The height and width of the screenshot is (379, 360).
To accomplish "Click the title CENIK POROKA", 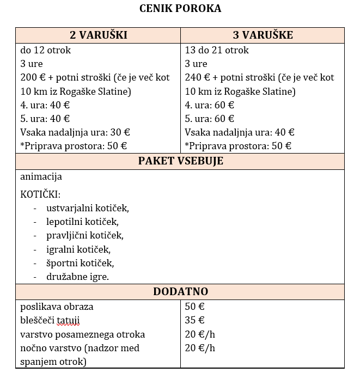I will click(x=180, y=8).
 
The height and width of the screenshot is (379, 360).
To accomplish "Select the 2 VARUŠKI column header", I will click(x=99, y=35).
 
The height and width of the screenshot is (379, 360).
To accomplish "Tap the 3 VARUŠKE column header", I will click(x=263, y=35).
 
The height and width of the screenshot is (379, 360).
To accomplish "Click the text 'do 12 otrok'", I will click(x=46, y=51).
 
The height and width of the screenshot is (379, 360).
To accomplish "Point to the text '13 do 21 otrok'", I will click(x=217, y=51).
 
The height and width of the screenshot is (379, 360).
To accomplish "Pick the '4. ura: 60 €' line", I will click(x=210, y=105).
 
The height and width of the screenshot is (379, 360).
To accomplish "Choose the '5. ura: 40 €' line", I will click(x=45, y=119).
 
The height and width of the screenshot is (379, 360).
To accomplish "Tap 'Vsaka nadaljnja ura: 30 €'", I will click(x=75, y=132).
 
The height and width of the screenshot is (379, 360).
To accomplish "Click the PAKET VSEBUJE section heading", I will click(x=180, y=161).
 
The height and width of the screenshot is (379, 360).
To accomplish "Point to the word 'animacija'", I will click(x=41, y=177).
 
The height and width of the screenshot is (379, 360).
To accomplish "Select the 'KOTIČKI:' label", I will click(x=40, y=194).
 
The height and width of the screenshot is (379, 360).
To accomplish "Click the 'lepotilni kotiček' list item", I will click(x=82, y=222).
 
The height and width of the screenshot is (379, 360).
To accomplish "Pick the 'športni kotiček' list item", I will click(x=80, y=263).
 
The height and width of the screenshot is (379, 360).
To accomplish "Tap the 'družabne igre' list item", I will click(x=77, y=277).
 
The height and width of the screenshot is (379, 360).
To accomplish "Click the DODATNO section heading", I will click(x=180, y=292).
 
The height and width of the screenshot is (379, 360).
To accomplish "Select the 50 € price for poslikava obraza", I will click(x=194, y=307).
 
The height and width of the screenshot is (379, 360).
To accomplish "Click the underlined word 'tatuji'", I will click(x=73, y=320).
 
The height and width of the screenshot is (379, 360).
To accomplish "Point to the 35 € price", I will click(x=194, y=320).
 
